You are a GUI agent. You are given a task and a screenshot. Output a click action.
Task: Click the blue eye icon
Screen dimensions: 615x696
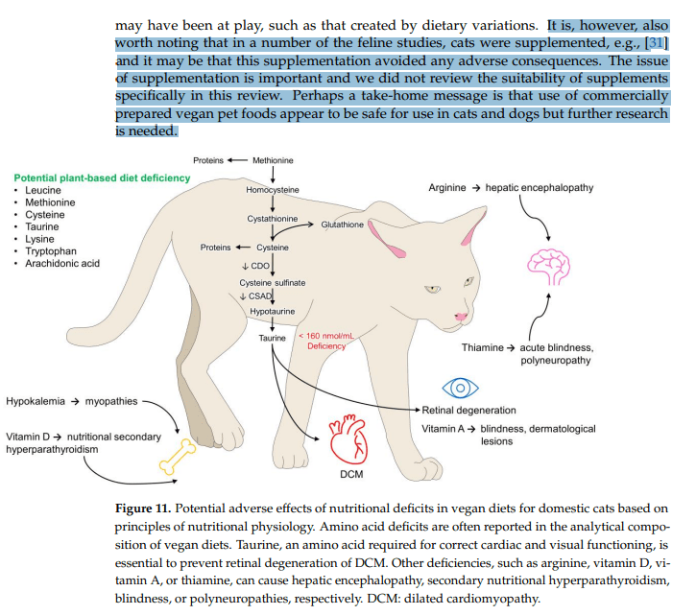458,386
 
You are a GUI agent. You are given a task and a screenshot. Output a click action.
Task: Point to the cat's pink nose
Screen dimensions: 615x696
462,317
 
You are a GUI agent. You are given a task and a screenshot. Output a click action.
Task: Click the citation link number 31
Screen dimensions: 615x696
657,44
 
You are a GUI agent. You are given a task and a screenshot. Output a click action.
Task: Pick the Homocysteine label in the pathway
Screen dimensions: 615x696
273,190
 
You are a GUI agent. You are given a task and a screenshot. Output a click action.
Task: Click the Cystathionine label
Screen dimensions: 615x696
273,219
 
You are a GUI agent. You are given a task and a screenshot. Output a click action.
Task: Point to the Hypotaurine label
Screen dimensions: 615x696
273,313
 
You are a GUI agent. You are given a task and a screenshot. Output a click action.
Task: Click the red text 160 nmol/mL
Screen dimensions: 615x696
327,336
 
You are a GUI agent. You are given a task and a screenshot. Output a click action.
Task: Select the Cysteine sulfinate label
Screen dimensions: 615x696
273,282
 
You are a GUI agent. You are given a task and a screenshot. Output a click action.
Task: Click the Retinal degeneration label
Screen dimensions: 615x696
469,411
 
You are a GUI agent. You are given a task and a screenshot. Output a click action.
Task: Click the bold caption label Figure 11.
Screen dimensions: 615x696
142,507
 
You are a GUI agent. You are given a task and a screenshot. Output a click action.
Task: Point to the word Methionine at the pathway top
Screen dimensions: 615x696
273,160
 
